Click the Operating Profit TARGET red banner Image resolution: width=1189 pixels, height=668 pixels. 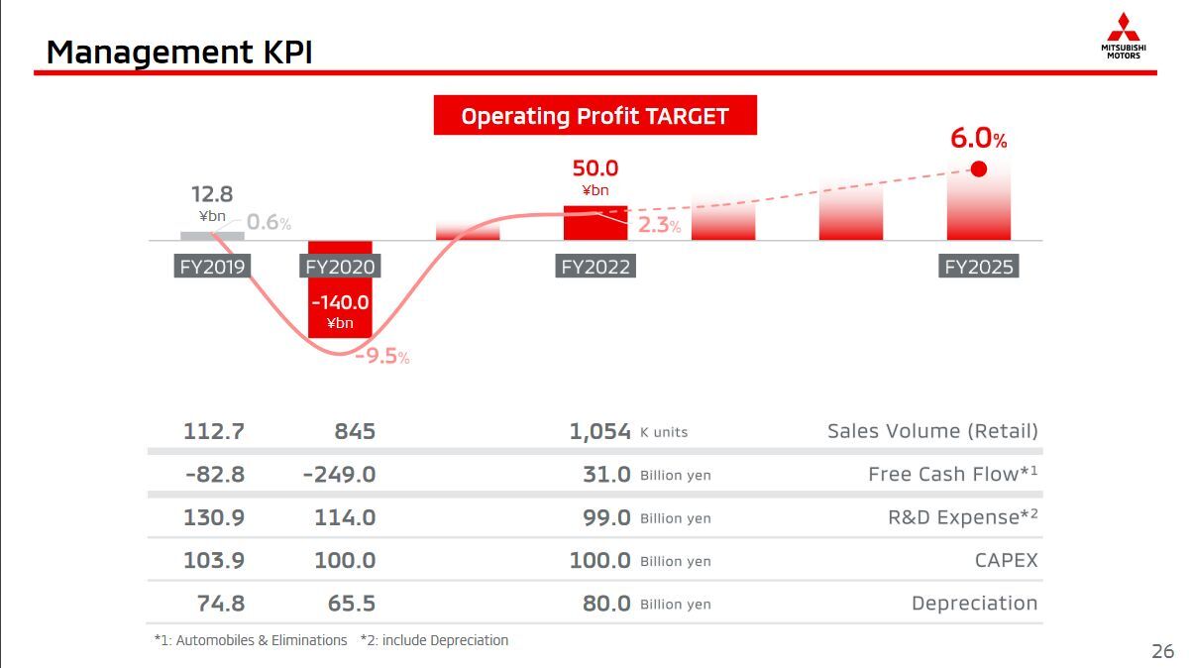coord(594,116)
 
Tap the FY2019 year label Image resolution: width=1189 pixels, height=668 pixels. coord(212,267)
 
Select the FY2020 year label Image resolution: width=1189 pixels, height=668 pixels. coord(340,267)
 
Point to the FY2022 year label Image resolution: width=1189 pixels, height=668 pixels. coord(595,267)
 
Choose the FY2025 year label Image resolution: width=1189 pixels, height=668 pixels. coord(979,267)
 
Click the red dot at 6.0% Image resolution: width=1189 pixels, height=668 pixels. coord(979,168)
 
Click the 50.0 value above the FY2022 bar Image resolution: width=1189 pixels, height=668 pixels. coord(594,169)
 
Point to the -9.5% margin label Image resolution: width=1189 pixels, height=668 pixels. coord(382,356)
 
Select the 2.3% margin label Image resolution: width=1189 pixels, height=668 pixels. coord(659,225)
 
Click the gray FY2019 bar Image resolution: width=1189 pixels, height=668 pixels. coord(212,235)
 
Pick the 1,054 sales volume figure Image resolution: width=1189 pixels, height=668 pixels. coord(599,431)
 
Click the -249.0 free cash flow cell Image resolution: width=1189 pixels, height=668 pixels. coord(339,475)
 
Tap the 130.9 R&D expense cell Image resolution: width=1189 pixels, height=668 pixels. coord(214,517)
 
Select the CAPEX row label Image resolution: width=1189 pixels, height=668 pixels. coord(1006,560)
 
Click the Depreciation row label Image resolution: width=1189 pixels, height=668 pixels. coord(974,603)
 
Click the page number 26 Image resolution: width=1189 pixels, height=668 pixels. coord(1162,651)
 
